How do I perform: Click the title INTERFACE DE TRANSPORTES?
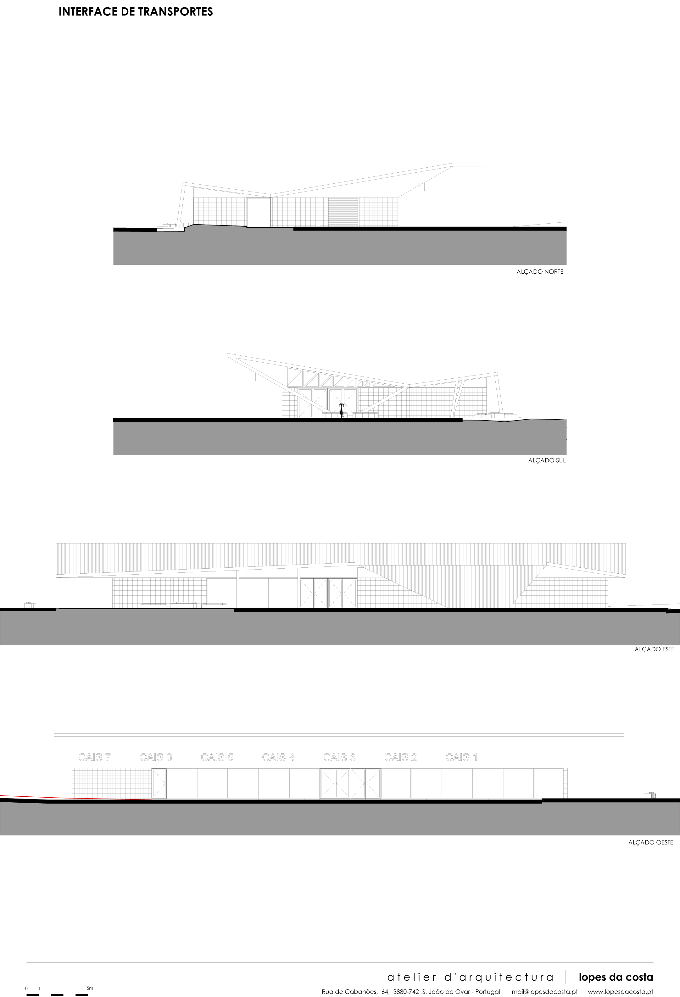[136, 12]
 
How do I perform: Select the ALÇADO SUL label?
[547, 461]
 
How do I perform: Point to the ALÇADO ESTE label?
[654, 649]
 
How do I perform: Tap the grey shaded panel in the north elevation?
[343, 212]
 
